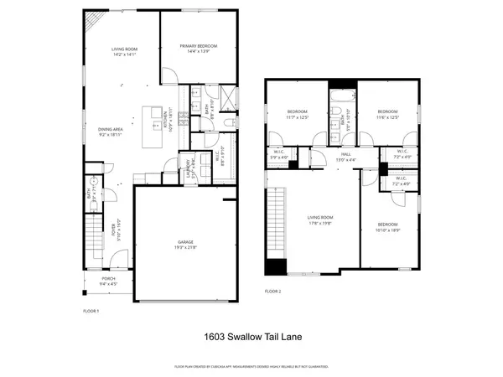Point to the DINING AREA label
tap(111, 128)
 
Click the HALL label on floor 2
tap(340, 154)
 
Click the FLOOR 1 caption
tap(91, 311)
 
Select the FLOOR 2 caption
tap(272, 291)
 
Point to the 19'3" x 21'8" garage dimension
tap(179, 245)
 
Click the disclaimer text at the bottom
tap(251, 367)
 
